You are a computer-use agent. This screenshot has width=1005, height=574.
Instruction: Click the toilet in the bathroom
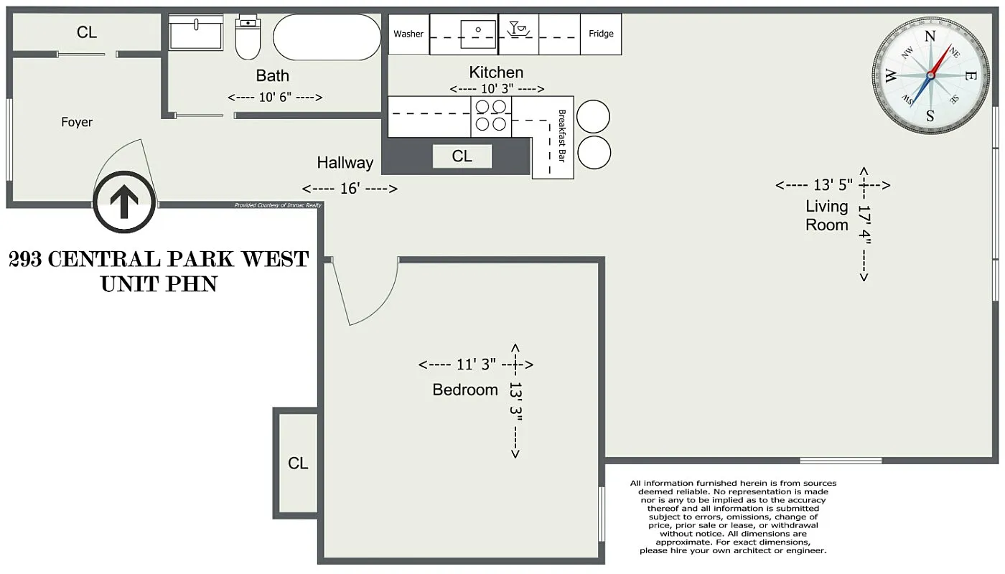click(248, 39)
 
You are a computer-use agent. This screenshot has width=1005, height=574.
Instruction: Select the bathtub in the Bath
click(327, 37)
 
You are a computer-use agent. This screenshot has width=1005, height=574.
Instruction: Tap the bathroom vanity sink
click(196, 33)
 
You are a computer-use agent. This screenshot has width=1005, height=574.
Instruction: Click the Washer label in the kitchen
click(408, 34)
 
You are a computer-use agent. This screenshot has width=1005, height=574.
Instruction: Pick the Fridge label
click(601, 34)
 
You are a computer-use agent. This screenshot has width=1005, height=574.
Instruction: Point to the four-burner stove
click(491, 116)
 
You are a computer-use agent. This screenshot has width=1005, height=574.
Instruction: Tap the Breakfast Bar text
click(562, 136)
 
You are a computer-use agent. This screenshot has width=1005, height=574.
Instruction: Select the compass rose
click(930, 75)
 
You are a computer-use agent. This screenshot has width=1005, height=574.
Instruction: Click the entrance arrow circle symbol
click(124, 202)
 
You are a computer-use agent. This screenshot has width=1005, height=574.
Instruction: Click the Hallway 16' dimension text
click(350, 189)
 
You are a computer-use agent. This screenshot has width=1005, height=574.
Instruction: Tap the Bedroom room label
click(465, 390)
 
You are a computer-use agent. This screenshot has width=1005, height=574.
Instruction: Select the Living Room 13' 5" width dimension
click(833, 185)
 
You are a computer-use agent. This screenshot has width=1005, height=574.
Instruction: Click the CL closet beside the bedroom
click(297, 464)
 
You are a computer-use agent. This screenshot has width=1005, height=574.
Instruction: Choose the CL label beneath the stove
click(462, 156)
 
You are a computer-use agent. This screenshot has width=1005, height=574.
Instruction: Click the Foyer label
click(77, 122)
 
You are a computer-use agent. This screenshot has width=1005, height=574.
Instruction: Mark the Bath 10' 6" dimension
click(274, 98)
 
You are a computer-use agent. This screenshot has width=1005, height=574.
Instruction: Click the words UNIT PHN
click(159, 284)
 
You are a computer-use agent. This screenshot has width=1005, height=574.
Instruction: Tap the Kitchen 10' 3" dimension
click(496, 89)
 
